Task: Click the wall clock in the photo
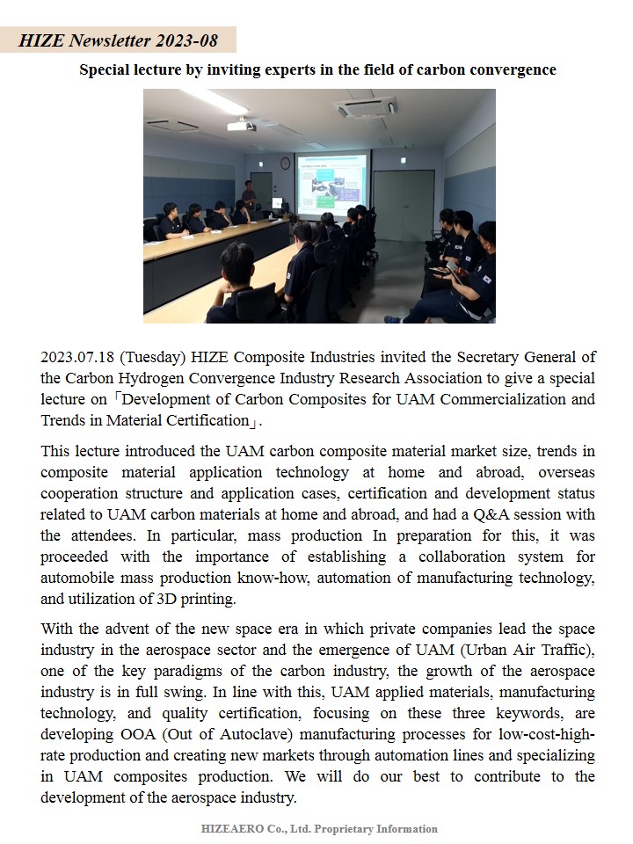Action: click(x=285, y=163)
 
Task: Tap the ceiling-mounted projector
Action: click(x=241, y=125)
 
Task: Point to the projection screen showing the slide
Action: click(x=331, y=185)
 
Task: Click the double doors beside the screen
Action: click(x=404, y=205)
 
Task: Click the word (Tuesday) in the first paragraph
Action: click(x=153, y=357)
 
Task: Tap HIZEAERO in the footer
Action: click(x=231, y=829)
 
